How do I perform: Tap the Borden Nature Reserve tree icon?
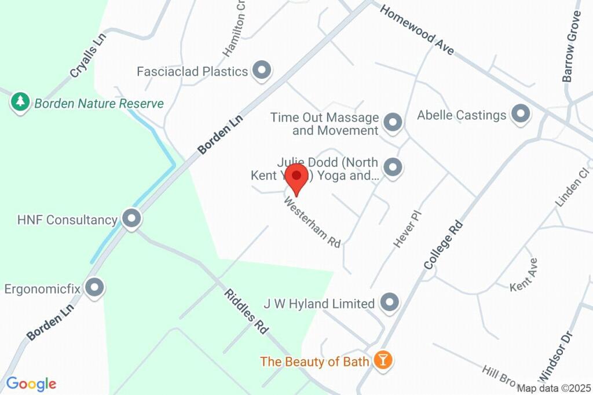[21, 103]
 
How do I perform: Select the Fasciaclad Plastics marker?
[263, 71]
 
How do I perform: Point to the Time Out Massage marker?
[393, 122]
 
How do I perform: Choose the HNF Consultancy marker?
[133, 220]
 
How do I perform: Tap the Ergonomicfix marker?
[94, 287]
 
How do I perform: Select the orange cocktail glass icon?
[383, 360]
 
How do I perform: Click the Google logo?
[31, 383]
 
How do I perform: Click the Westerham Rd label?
[312, 222]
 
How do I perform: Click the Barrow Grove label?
[571, 46]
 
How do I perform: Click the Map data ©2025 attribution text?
[554, 389]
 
